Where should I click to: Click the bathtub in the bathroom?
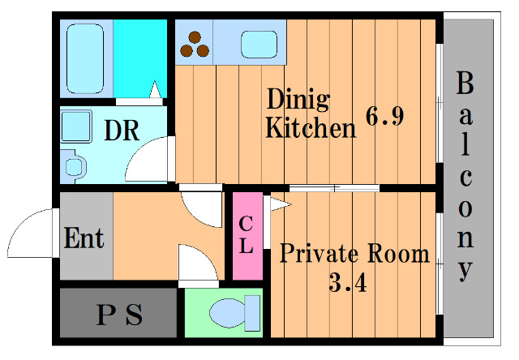click(85, 58)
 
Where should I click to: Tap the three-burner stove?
click(195, 45)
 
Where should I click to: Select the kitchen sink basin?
click(259, 45)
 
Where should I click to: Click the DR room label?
click(122, 131)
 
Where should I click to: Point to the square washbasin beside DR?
click(76, 126)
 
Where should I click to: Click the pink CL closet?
click(247, 236)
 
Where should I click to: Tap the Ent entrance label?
click(84, 238)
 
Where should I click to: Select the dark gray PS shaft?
click(118, 313)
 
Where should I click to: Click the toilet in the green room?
click(234, 313)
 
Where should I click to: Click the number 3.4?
click(348, 283)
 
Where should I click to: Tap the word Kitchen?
click(311, 127)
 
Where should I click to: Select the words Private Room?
click(354, 254)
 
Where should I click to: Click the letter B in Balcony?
click(465, 83)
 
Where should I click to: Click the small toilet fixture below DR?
click(74, 166)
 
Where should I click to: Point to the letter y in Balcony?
click(465, 270)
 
